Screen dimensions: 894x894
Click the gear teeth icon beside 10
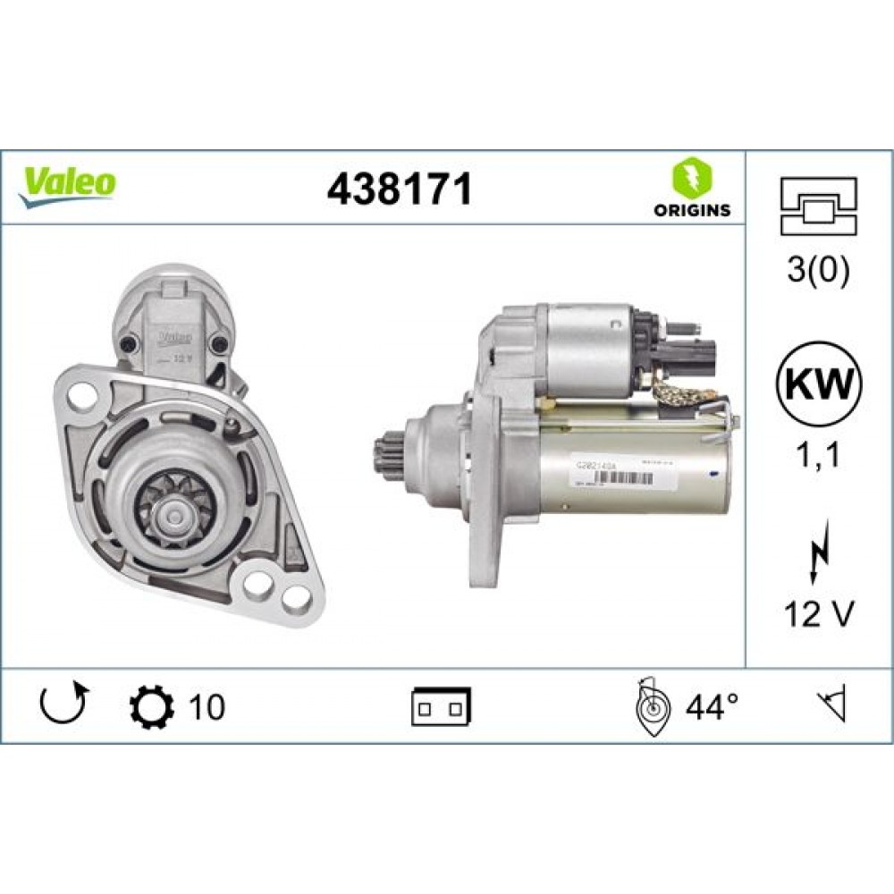click(148, 706)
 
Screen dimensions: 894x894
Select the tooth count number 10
click(207, 707)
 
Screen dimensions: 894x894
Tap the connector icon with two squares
click(442, 707)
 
